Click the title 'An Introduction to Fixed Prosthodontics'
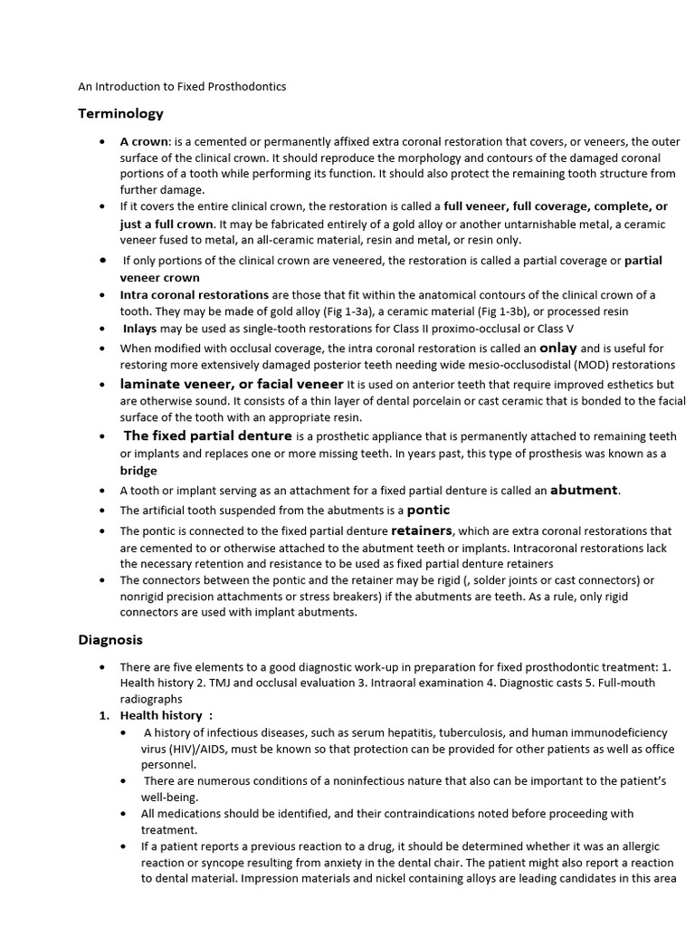click(x=182, y=87)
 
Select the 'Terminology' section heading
click(x=120, y=113)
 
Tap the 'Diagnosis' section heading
click(x=109, y=639)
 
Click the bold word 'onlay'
click(x=557, y=347)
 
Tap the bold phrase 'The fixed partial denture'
click(x=207, y=436)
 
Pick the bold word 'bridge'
click(x=138, y=471)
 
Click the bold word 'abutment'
click(x=584, y=490)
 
